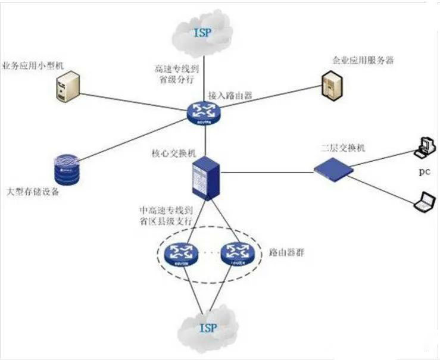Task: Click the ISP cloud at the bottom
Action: [208, 327]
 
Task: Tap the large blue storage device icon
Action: [65, 170]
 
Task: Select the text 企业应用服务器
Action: [363, 61]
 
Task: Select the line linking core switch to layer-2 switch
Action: [268, 173]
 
